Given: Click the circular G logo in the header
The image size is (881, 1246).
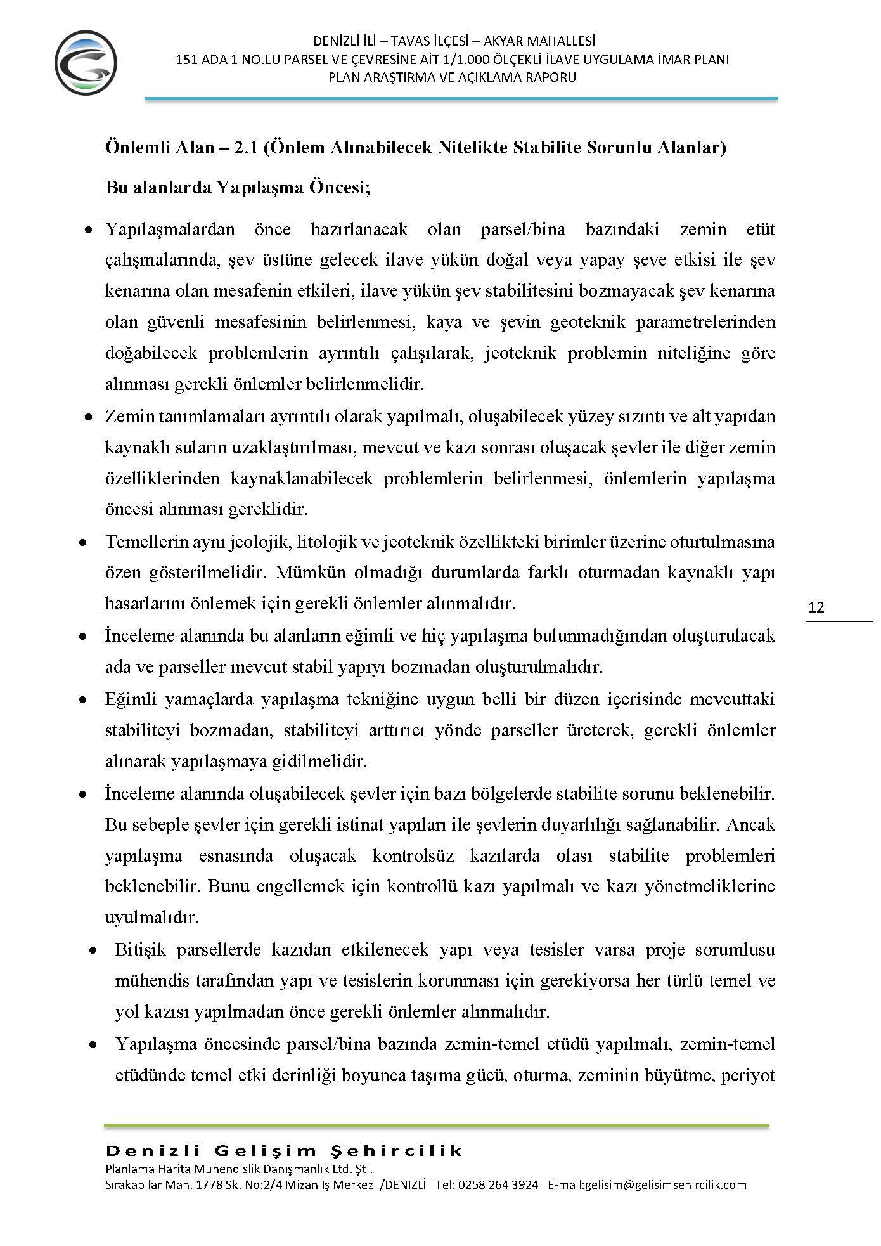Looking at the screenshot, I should pos(86,63).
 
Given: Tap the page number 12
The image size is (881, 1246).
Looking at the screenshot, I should pos(817,607).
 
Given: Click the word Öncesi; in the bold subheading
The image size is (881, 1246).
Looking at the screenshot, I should pos(340,188).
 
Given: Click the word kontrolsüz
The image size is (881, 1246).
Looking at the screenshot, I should pos(413,856).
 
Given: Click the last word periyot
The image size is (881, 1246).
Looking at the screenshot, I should pos(749,1075).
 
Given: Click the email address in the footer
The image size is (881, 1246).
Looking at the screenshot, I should pos(647,1184).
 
